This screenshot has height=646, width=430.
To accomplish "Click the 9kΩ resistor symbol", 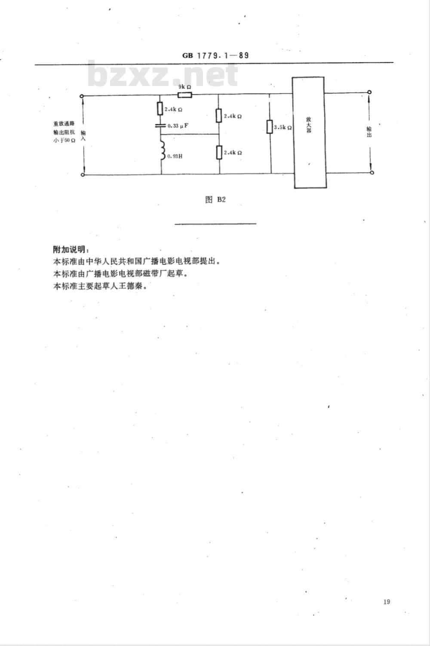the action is coord(184,95).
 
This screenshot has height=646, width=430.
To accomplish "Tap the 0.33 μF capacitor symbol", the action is coord(160,126).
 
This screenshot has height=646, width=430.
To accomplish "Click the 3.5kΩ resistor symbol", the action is coord(269,127).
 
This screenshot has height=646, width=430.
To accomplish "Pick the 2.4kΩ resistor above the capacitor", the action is coord(160,108).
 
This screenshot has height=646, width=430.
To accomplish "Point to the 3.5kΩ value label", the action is coord(283,127).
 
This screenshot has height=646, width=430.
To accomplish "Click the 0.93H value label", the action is coord(175,156).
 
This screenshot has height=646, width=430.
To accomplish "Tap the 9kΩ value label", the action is coord(184,86).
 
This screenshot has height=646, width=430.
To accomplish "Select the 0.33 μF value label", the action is coord(178,126).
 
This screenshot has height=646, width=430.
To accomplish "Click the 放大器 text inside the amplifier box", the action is coord(309,124).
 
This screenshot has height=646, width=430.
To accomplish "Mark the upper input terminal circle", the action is coord(82,96).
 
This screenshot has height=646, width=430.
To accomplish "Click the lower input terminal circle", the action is coord(83,175).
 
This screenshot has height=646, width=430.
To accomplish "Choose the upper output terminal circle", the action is coord(370,92).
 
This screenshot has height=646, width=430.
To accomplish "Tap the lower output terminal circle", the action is coord(372,172).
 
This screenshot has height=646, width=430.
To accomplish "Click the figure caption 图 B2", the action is coord(215,199).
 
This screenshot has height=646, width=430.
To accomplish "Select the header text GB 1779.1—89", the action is coord(215,55).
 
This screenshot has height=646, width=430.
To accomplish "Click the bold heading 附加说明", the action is coord(70,249).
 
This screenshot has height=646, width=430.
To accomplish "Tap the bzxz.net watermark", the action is coord(163,74).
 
